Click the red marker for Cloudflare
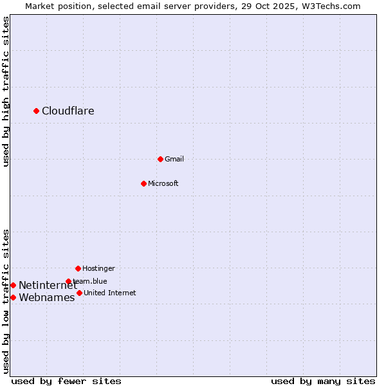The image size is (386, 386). [36, 111]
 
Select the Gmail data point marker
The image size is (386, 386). [160, 159]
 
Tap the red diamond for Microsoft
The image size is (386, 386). [143, 183]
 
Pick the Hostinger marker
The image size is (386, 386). [78, 268]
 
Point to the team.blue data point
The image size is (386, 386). [68, 281]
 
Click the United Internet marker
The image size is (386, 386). [79, 293]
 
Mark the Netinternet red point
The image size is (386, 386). [13, 285]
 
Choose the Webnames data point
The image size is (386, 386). [13, 297]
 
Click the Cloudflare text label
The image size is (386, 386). [68, 111]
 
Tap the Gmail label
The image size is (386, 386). [174, 159]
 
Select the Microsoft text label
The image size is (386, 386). [163, 183]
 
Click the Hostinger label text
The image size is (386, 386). [98, 268]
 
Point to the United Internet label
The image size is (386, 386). [110, 293]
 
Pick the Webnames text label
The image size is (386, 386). [47, 297]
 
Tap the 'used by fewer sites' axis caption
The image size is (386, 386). [66, 381]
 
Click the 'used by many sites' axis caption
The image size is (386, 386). [323, 381]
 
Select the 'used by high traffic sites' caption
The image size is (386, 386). [6, 91]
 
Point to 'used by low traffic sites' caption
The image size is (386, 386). [6, 301]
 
